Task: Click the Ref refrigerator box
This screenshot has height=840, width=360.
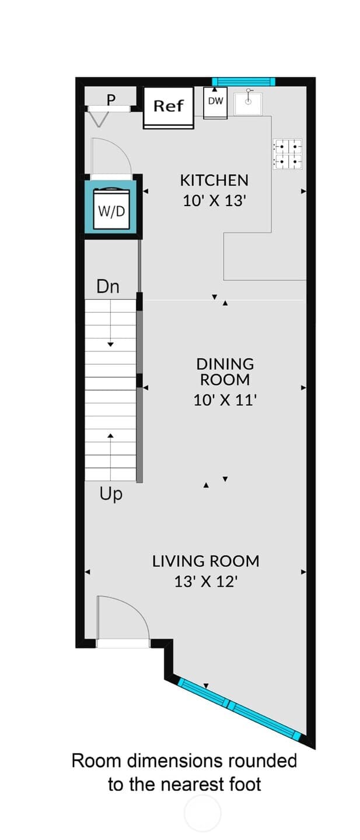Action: point(169,107)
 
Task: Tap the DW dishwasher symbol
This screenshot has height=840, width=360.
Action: point(215,103)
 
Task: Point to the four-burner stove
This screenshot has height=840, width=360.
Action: point(288,154)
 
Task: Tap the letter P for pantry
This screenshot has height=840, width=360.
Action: point(111,100)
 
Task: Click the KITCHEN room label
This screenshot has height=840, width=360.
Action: point(214,181)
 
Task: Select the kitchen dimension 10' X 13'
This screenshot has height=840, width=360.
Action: point(214,201)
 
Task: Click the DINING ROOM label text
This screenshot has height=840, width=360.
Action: point(225,372)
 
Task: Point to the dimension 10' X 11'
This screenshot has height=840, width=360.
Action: point(225,400)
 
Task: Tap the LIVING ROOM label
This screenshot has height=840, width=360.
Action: point(205,562)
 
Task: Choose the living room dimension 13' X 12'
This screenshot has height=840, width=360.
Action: point(206,581)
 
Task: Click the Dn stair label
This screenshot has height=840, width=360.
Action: point(108,287)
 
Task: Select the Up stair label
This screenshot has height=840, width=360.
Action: point(111,494)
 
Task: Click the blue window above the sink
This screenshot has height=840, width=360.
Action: point(243,81)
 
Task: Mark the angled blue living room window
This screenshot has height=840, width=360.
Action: point(239,709)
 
